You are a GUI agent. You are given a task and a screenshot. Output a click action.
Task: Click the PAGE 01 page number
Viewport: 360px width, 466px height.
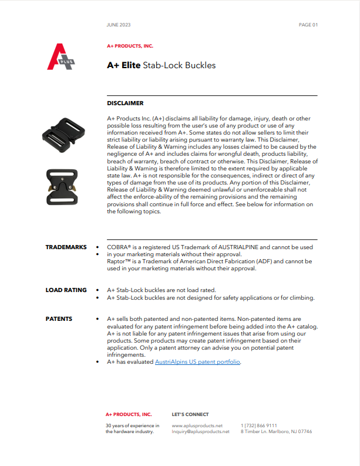coord(308,25)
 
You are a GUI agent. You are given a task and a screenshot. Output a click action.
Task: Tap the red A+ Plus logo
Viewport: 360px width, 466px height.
coord(62,57)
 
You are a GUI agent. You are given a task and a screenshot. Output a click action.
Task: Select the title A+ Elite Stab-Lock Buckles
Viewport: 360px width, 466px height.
coord(161,65)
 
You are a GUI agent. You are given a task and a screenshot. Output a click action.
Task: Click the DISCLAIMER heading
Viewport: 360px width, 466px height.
coord(125,103)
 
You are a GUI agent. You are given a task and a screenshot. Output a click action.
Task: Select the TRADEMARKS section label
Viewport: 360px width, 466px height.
coord(66,247)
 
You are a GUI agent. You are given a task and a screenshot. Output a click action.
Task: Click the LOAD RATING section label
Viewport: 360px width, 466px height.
coord(66,290)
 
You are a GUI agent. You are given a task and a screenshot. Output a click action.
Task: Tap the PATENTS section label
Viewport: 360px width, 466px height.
coord(59,319)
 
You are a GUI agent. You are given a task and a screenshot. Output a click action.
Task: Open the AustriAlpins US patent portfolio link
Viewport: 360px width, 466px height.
coord(197,363)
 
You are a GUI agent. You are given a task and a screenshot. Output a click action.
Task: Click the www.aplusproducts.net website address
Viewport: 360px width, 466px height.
coord(197,425)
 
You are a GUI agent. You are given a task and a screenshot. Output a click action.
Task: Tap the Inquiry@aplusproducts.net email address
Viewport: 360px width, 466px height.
coord(200,431)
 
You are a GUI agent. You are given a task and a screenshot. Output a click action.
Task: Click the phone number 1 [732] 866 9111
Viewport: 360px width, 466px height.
coord(259,425)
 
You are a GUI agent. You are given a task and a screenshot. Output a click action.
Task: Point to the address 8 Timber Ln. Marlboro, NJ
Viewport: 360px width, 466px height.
coord(276,431)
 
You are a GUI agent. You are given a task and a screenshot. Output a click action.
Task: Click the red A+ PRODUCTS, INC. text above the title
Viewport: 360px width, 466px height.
coord(130,45)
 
